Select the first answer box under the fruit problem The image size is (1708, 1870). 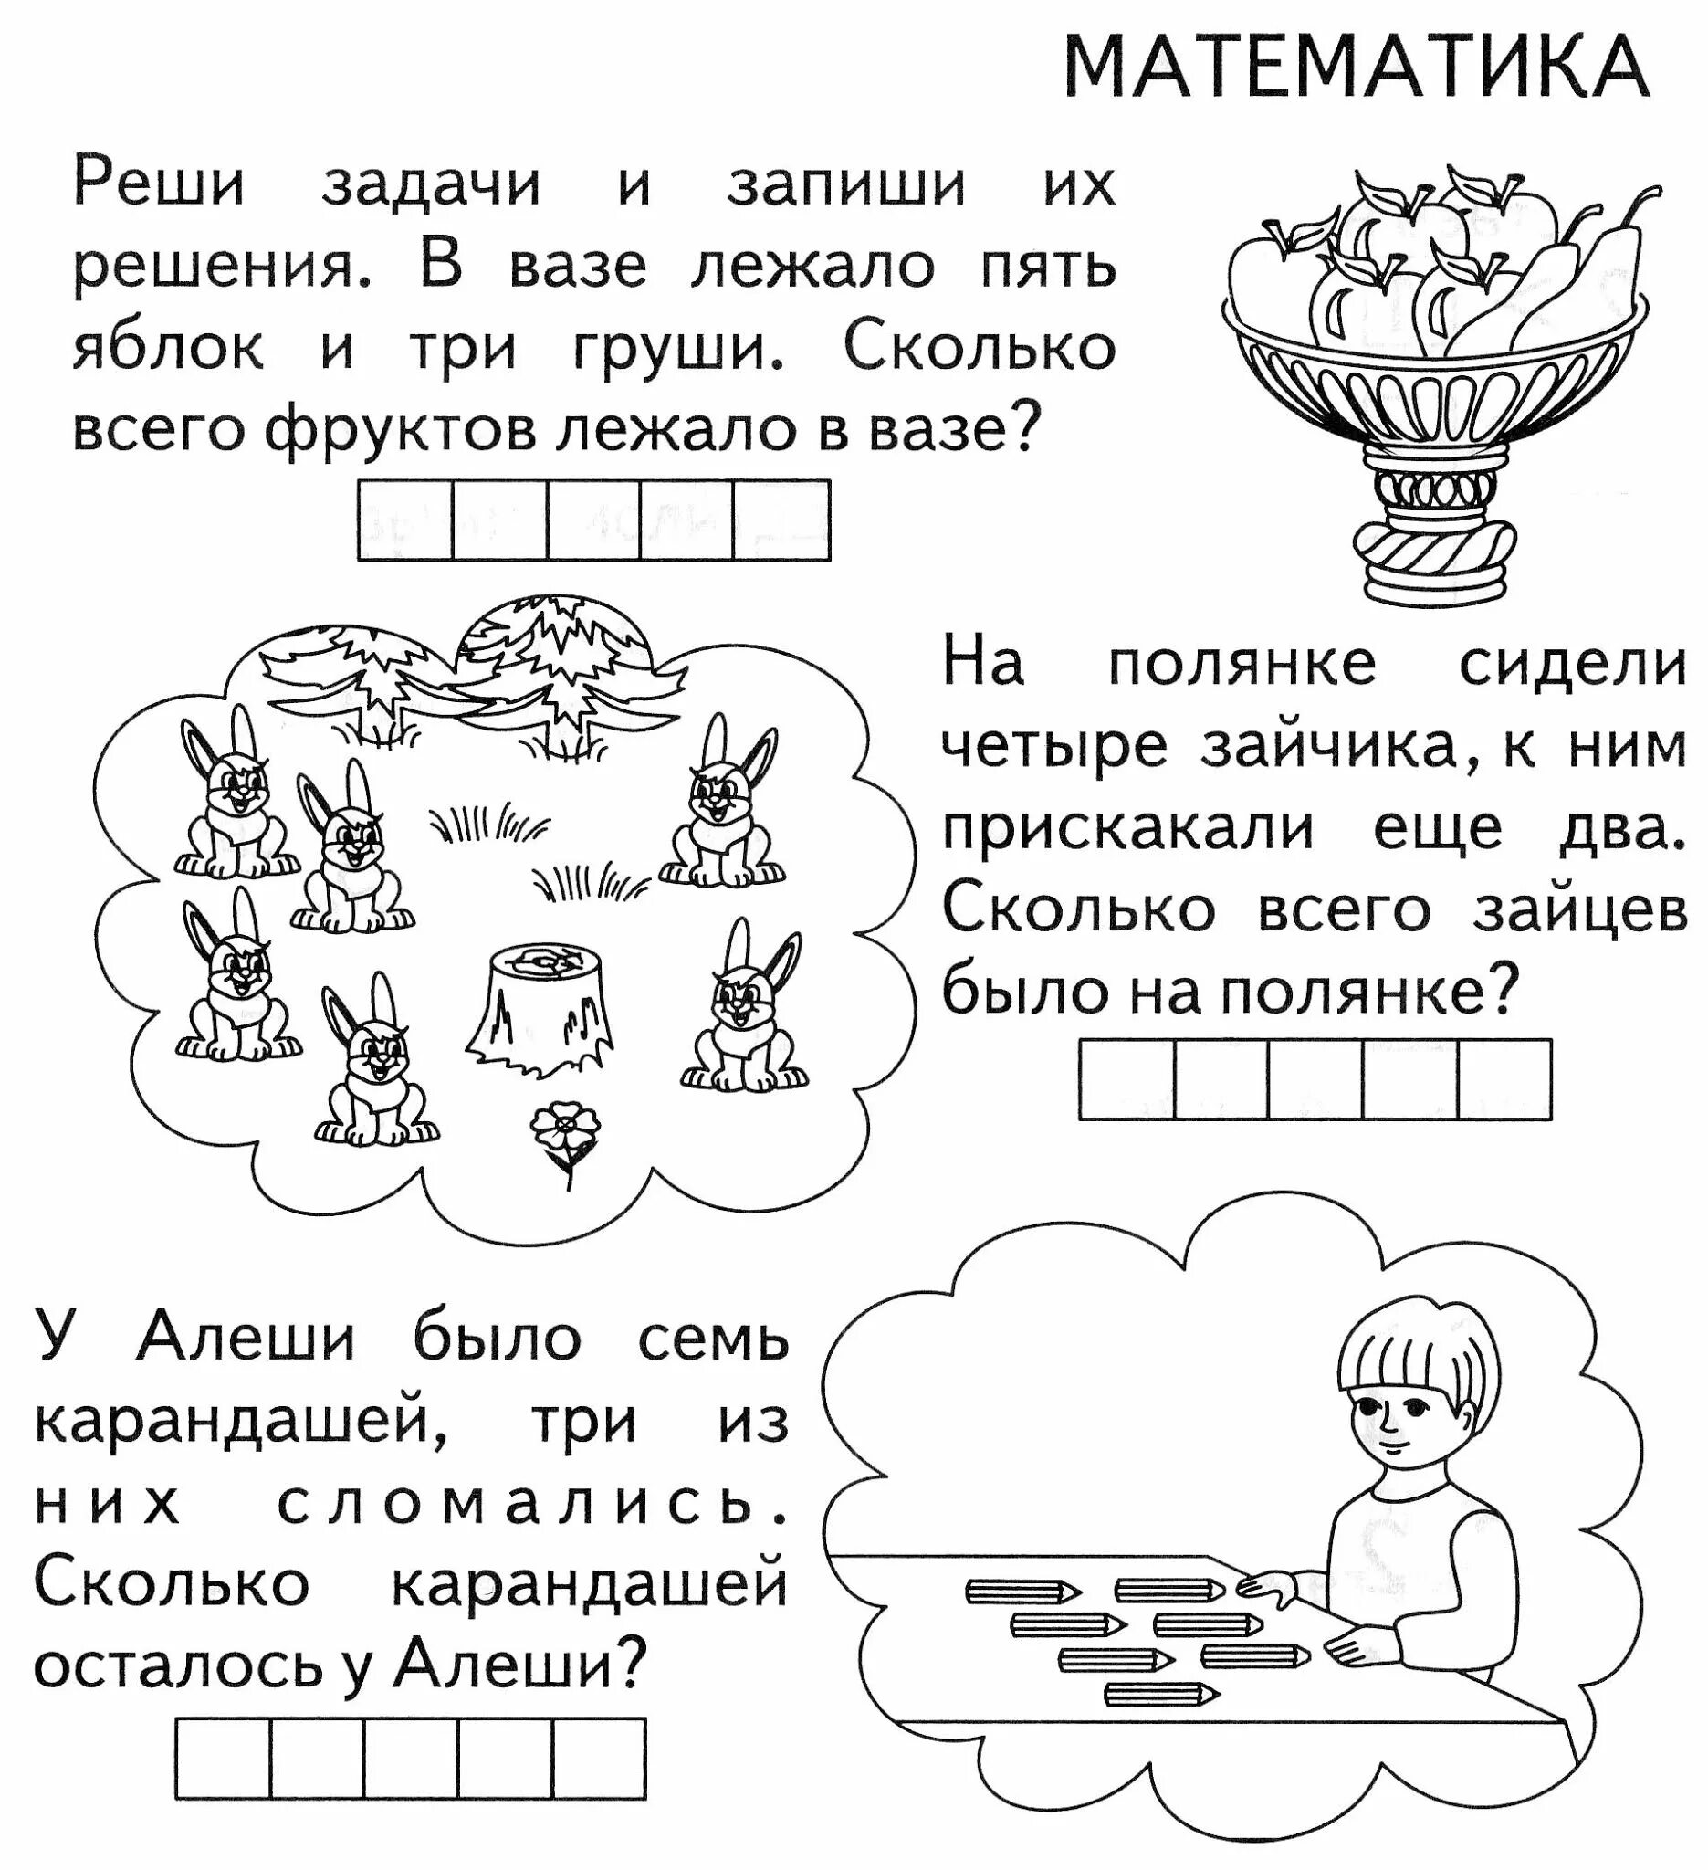(x=405, y=520)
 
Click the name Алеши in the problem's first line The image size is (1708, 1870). (x=246, y=1339)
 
